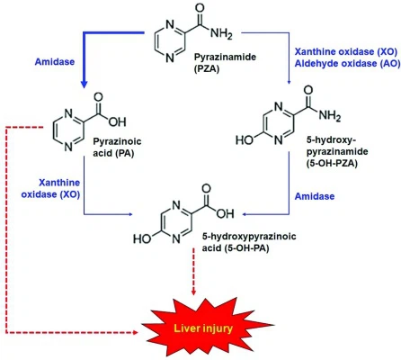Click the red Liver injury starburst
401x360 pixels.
coord(207,328)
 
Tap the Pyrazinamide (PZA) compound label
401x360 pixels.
coord(225,63)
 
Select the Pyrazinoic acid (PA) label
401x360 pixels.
coord(117,148)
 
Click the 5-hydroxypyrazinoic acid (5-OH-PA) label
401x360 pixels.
coord(249,242)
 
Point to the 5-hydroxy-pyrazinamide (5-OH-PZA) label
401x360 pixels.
coord(337,152)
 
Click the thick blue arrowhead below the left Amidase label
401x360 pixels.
coord(85,84)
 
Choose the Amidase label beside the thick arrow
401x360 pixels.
coord(55,62)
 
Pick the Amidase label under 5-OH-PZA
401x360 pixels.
coord(315,196)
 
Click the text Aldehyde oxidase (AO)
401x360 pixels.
coord(347,64)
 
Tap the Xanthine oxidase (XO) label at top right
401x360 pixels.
coord(346,51)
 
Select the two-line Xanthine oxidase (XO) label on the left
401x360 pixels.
coord(50,188)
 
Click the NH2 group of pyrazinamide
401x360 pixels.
coord(221,34)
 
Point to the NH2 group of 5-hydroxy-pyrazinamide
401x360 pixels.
coord(330,115)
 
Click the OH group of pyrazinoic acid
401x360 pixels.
coord(117,121)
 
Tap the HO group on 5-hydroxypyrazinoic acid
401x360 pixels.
coord(142,238)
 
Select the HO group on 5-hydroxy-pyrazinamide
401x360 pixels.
coord(245,140)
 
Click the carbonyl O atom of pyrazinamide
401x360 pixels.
coord(200,8)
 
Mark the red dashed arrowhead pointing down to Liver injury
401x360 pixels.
coord(193,291)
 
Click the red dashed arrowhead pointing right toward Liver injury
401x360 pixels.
coord(135,332)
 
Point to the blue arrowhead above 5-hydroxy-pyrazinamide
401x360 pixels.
coord(289,82)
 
